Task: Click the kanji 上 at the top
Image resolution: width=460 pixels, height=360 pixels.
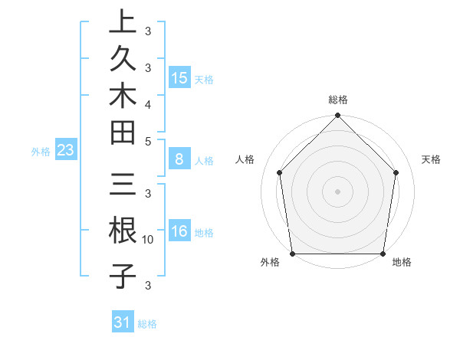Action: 122,22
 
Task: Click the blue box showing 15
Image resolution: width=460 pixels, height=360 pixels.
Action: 179,78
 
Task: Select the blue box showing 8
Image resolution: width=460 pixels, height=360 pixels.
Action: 179,159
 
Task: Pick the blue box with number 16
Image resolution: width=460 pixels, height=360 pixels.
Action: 179,231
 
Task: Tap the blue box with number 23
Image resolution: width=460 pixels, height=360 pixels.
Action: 65,150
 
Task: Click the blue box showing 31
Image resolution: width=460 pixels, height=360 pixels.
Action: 123,322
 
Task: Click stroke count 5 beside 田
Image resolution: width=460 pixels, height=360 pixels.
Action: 148,140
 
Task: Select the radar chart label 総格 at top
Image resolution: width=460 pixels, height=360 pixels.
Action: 337,100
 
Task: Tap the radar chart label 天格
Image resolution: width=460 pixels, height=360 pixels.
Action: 431,159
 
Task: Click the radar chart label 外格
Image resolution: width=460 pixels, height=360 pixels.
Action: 270,262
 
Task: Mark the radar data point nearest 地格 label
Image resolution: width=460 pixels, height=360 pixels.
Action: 383,254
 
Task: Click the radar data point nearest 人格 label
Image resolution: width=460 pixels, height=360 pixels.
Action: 280,172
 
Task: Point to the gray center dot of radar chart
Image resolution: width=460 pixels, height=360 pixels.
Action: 337,191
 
